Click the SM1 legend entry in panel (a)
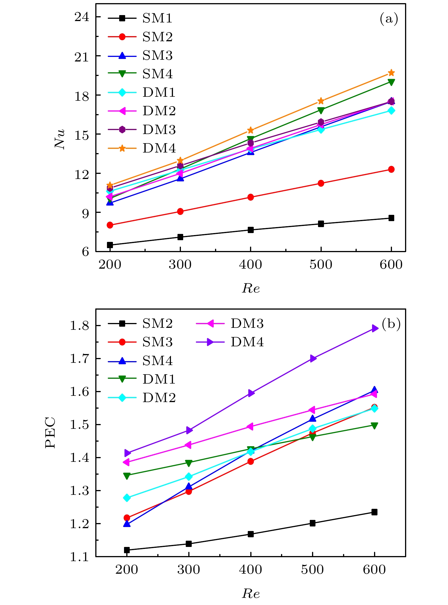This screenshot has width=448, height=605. click(157, 18)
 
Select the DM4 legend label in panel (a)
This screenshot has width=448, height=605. click(159, 148)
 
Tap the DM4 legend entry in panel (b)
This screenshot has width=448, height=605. click(247, 342)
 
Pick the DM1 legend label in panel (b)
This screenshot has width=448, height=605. click(159, 379)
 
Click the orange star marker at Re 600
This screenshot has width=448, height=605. click(391, 73)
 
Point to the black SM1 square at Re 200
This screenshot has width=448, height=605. click(110, 245)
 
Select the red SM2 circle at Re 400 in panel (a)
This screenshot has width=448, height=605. click(251, 197)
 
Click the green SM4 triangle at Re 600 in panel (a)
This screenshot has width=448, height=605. click(391, 82)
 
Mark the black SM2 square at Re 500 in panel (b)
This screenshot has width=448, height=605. click(313, 523)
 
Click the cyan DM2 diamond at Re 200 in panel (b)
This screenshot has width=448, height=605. click(127, 498)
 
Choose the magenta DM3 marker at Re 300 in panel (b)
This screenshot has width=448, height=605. click(188, 445)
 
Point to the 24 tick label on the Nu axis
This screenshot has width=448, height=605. click(82, 17)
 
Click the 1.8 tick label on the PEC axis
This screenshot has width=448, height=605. click(79, 326)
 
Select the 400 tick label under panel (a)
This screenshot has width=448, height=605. click(250, 265)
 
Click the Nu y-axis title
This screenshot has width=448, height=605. click(60, 139)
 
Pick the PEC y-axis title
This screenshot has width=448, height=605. click(51, 433)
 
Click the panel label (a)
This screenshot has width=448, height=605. click(389, 19)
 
